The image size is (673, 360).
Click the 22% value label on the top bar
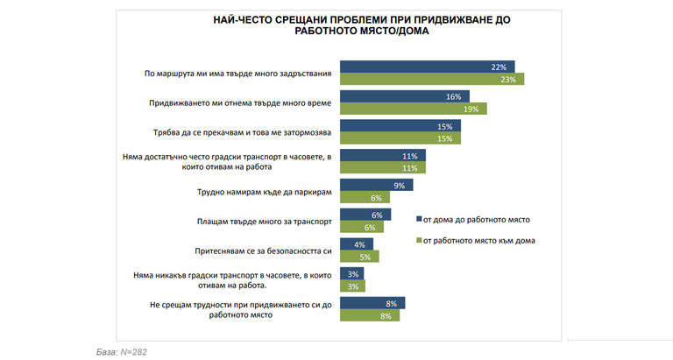[x=500, y=67]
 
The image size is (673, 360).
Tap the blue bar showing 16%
[x=404, y=96]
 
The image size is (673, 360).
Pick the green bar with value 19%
[x=413, y=109]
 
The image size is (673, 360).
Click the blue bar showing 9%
[x=375, y=186]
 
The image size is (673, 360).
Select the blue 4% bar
[x=356, y=244]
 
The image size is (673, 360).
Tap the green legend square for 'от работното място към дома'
[x=417, y=239]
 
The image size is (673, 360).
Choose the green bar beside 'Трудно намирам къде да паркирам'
[x=365, y=199]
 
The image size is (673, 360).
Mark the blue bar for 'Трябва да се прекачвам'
[x=400, y=126]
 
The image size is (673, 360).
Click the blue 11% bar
[x=382, y=156]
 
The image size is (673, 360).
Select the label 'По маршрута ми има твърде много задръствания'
[x=234, y=74]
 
